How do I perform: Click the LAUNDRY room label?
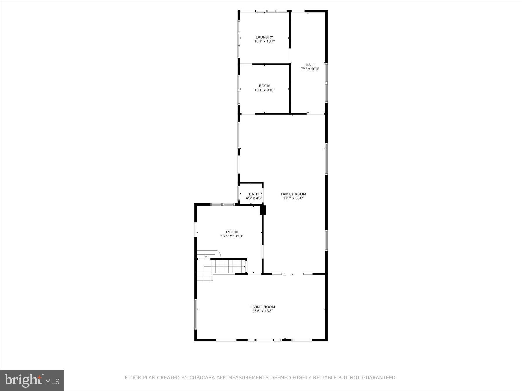click(264, 37)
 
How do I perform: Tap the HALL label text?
click(310, 65)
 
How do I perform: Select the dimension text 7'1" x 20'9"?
click(310, 69)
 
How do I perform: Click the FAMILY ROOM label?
click(293, 194)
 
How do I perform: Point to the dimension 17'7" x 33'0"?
click(293, 198)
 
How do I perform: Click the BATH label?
click(254, 194)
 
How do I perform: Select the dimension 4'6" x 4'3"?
click(254, 198)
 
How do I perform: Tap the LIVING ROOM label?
click(262, 307)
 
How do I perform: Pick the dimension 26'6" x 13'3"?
click(262, 311)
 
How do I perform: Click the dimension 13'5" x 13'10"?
click(232, 236)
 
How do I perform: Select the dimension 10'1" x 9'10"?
click(264, 90)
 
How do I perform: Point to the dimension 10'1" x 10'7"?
click(264, 41)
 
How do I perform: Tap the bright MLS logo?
click(32, 380)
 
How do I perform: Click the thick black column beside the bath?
click(263, 210)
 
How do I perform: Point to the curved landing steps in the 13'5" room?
click(209, 254)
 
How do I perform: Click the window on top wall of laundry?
click(271, 11)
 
